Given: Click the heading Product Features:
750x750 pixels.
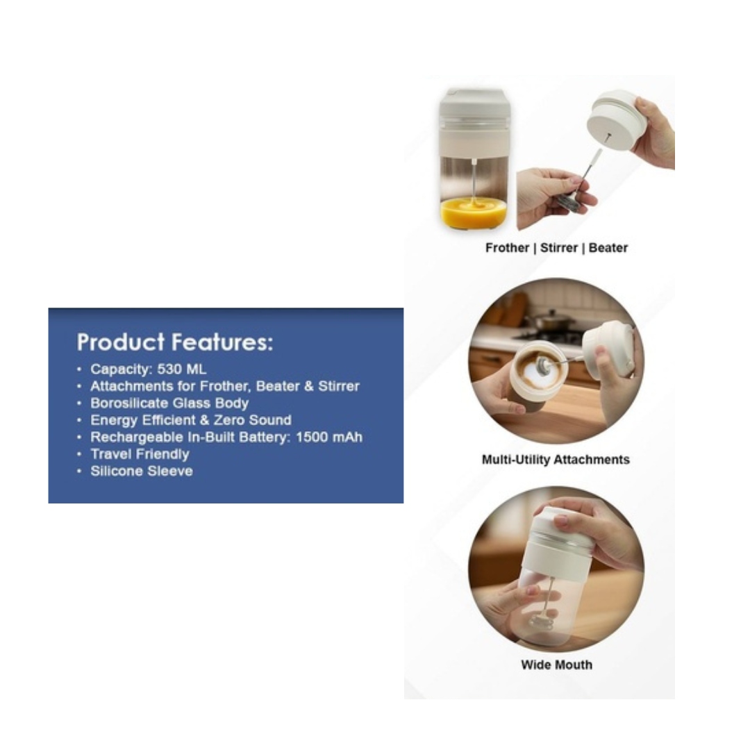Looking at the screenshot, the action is click(x=174, y=342).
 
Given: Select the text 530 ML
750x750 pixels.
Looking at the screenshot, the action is click(x=182, y=369).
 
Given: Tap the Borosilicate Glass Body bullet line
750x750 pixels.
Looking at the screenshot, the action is click(x=169, y=403).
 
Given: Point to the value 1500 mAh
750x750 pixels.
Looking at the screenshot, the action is click(x=329, y=437).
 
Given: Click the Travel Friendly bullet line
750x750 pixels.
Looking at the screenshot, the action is click(x=140, y=454).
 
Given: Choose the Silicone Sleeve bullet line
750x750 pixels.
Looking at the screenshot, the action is click(x=142, y=471).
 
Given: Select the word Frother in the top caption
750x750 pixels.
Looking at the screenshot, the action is click(x=507, y=248).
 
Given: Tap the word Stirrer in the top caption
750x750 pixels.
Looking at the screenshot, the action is click(x=558, y=248).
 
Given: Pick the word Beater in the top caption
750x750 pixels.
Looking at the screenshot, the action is click(x=608, y=248).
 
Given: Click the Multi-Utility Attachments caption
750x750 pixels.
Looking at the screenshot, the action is click(x=556, y=460).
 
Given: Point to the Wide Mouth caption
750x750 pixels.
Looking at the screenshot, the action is click(x=556, y=665).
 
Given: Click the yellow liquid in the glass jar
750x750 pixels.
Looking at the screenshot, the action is click(x=473, y=211).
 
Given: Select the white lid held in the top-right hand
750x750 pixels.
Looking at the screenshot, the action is click(x=615, y=121).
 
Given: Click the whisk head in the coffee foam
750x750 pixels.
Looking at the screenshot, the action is click(x=543, y=365).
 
